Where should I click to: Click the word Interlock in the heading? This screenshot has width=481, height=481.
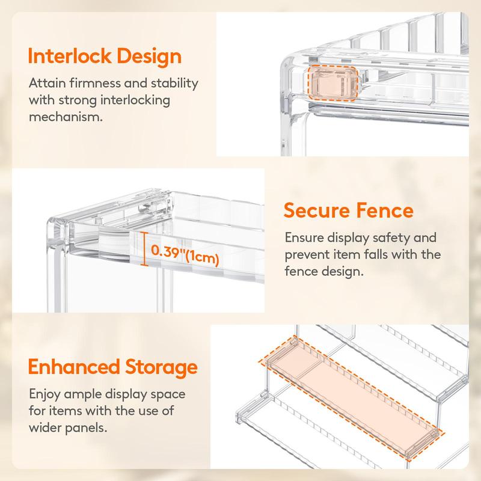69,57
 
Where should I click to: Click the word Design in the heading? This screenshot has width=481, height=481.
149,57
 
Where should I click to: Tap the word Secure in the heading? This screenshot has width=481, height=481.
317,210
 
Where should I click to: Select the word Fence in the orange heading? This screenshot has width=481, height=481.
385,210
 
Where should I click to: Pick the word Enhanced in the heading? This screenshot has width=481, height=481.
73,367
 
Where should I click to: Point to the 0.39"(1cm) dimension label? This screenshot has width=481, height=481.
185,254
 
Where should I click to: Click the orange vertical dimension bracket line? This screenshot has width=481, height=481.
144,249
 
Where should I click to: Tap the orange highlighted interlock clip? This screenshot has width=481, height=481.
333,83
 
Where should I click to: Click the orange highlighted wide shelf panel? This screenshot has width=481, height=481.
352,398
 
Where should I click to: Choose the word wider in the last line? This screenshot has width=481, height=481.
45,427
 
